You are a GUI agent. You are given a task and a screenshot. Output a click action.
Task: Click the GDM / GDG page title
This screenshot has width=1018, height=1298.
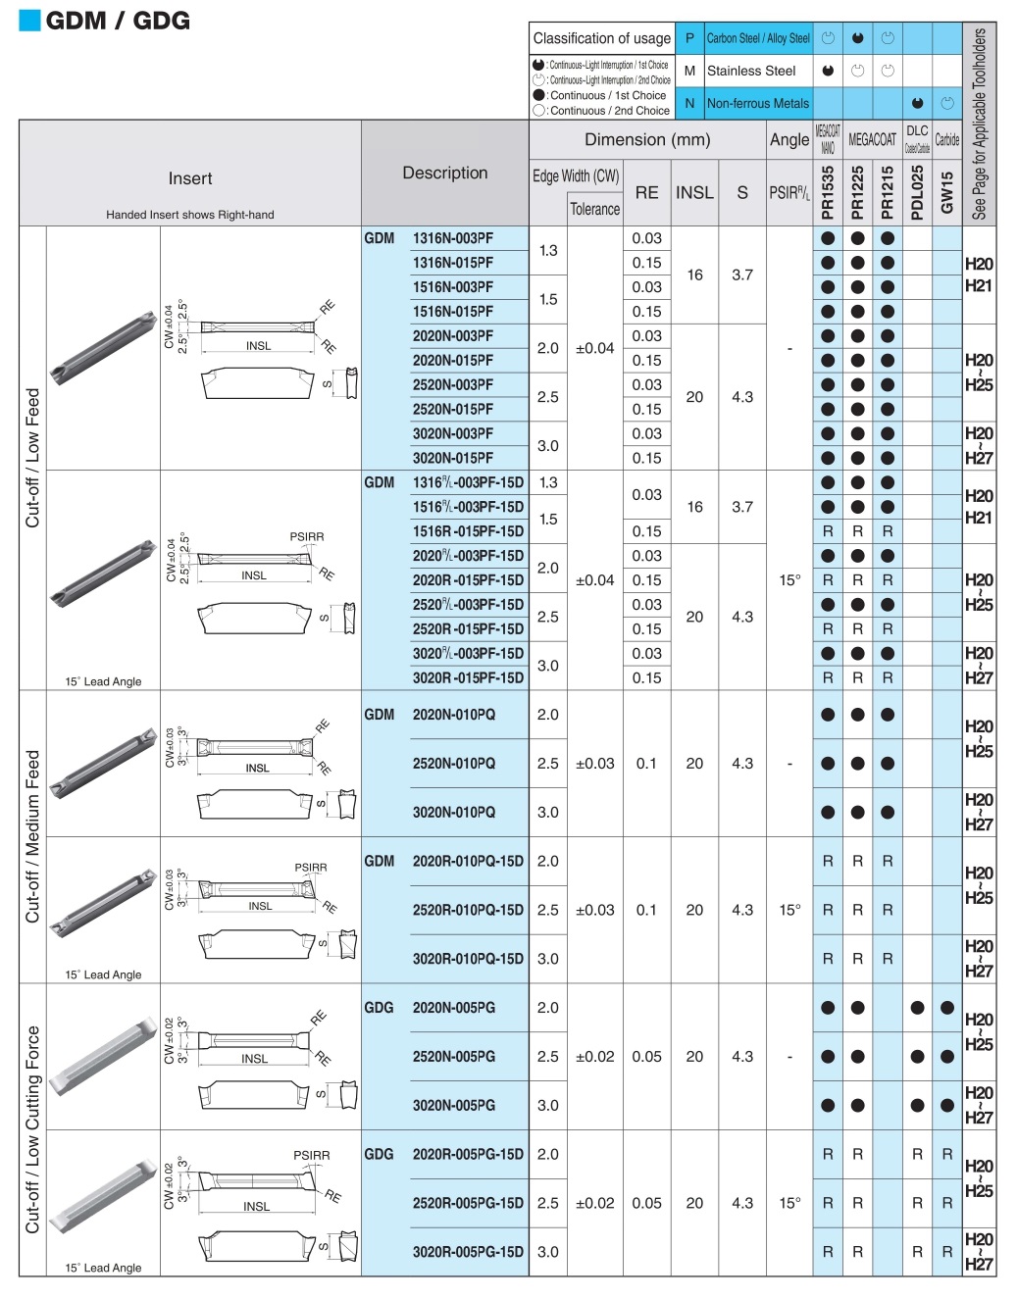click(x=118, y=21)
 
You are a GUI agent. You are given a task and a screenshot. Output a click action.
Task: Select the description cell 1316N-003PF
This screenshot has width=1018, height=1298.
click(x=452, y=238)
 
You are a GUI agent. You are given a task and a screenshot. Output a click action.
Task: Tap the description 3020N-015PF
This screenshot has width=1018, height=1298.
click(x=452, y=458)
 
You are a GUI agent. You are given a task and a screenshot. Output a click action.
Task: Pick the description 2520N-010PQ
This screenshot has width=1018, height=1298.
click(x=453, y=764)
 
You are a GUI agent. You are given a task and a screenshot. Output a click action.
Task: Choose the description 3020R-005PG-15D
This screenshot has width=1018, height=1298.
click(x=468, y=1252)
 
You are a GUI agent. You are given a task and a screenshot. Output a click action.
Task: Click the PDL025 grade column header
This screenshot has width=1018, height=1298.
click(x=917, y=192)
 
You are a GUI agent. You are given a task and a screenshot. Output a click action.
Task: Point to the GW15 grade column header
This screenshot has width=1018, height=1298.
click(x=946, y=192)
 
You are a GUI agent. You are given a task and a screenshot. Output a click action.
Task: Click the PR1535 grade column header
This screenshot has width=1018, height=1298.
click(x=828, y=192)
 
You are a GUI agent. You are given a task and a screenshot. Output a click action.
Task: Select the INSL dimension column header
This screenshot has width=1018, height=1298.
click(x=694, y=193)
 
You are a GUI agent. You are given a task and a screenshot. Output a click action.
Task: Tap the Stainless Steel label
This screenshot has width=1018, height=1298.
click(x=751, y=71)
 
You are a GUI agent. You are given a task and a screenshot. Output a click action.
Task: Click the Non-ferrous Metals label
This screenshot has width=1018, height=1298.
click(x=758, y=103)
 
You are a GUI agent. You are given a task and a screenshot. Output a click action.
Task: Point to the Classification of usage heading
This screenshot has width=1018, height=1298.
click(x=601, y=38)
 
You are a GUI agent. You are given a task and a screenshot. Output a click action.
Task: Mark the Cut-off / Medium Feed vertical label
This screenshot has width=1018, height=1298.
click(x=33, y=836)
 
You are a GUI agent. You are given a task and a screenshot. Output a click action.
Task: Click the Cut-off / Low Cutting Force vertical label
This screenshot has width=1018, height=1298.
click(x=33, y=1129)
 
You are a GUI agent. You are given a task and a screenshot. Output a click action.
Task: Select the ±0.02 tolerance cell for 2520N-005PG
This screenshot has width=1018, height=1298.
click(x=595, y=1057)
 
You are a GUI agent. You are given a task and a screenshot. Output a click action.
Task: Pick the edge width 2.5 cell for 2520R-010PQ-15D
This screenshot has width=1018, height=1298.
click(x=548, y=910)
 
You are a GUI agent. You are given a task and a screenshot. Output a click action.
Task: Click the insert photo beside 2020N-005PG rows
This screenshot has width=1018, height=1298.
click(x=103, y=1056)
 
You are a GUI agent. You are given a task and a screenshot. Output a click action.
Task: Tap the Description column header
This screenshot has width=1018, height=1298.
click(x=445, y=173)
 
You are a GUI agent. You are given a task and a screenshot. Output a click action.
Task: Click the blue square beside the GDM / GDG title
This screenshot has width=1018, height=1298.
click(x=29, y=21)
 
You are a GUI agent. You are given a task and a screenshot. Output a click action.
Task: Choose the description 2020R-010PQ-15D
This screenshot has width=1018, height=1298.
click(x=468, y=861)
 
